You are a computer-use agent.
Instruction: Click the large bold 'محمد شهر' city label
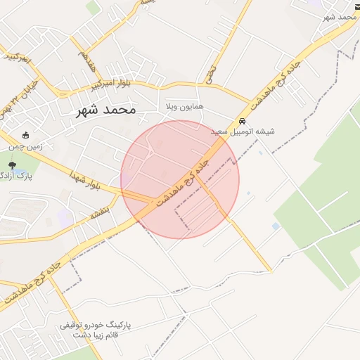click(106, 110)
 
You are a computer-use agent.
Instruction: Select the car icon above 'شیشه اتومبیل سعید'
click(243, 121)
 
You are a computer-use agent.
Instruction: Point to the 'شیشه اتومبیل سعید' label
click(243, 131)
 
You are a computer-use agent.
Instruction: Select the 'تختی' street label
click(210, 70)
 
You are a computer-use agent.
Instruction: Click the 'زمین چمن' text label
click(26, 147)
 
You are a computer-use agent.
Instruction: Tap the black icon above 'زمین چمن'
click(26, 135)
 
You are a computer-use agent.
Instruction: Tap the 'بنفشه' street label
click(99, 211)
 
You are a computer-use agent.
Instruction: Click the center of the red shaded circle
click(180, 179)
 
